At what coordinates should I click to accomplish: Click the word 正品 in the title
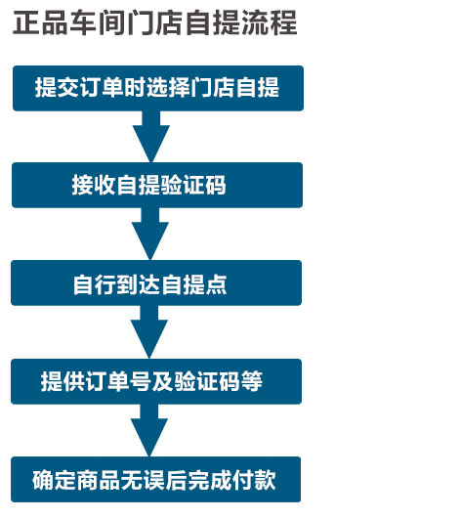tap(40, 22)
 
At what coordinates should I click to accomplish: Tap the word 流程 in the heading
tap(270, 22)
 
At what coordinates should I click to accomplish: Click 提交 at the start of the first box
tap(58, 88)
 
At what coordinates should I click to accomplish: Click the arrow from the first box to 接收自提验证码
tap(151, 137)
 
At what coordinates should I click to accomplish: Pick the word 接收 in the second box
tap(94, 185)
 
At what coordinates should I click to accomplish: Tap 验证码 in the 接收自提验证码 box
tap(193, 185)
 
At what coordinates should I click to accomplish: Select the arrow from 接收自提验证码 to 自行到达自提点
tap(150, 234)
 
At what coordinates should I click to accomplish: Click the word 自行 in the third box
tap(95, 284)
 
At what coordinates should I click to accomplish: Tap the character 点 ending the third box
tap(216, 284)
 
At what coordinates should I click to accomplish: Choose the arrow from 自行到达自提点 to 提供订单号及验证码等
tap(149, 331)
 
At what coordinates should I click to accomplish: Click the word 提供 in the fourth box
tap(63, 381)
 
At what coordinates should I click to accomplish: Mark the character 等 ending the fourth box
tap(252, 381)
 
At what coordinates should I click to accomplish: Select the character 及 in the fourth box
tap(163, 381)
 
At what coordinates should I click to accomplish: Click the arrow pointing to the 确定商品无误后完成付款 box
tap(149, 430)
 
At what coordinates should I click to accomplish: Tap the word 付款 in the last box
tap(254, 480)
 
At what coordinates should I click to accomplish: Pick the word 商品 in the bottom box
tap(99, 480)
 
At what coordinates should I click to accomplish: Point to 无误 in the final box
tap(143, 480)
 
